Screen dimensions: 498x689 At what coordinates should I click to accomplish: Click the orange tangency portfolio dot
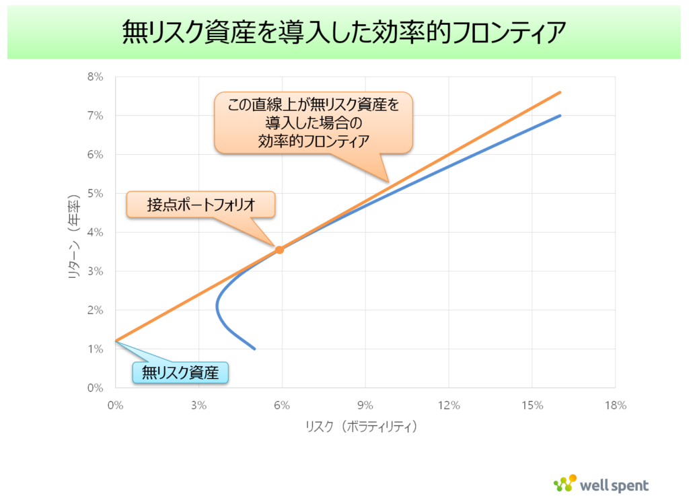(x=280, y=250)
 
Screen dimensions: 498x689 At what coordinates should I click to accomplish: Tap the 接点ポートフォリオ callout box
(x=201, y=205)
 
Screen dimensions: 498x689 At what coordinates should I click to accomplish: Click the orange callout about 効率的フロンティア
(x=314, y=122)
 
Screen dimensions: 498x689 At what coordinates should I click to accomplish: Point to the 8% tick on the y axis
(x=95, y=77)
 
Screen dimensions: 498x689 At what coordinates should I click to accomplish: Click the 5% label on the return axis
(x=95, y=194)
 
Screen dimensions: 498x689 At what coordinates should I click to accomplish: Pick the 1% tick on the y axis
(x=95, y=349)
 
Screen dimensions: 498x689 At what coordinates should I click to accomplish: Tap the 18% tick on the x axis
(x=615, y=405)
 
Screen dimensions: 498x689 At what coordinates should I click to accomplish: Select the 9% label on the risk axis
(x=365, y=405)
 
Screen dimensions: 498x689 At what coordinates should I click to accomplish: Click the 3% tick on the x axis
(x=198, y=405)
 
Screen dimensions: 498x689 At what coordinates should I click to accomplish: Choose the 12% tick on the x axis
(x=448, y=405)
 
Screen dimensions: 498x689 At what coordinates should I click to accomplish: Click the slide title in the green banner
(x=344, y=32)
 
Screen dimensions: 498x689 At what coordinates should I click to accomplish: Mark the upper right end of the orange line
(x=560, y=93)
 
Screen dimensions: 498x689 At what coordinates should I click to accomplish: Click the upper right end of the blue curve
(x=560, y=116)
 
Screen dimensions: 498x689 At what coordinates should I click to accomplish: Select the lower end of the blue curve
(x=255, y=349)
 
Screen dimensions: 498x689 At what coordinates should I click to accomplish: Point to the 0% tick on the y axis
(x=95, y=388)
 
